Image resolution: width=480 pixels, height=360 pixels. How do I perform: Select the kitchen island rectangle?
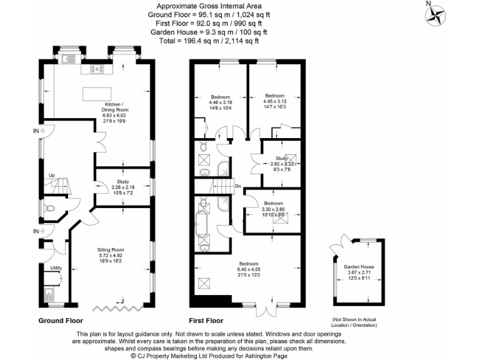96,93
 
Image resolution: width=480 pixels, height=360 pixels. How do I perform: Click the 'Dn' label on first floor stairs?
238,186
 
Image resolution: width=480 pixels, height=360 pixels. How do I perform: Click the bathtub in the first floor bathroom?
204,222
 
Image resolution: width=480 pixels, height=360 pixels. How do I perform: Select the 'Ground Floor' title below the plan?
61,320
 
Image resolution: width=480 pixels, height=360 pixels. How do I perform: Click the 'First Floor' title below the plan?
206,320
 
